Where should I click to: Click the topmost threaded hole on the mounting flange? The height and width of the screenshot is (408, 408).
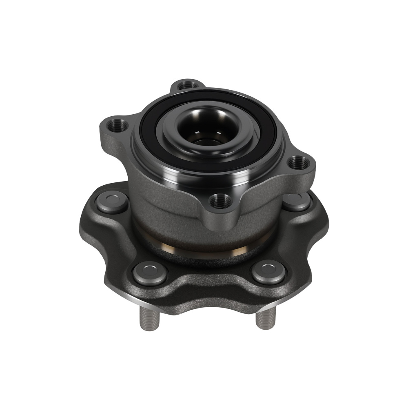pyautogui.click(x=188, y=85)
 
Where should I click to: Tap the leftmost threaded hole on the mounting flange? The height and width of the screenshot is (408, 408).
pyautogui.click(x=118, y=124)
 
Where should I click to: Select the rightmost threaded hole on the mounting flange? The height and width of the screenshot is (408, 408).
pyautogui.click(x=299, y=164)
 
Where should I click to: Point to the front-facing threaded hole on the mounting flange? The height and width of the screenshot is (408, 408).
pyautogui.click(x=221, y=201)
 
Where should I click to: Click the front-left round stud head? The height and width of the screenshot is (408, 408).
pyautogui.click(x=150, y=272)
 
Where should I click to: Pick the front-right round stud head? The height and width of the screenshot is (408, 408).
pyautogui.click(x=268, y=271)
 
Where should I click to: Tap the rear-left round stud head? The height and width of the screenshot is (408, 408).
pyautogui.click(x=112, y=202)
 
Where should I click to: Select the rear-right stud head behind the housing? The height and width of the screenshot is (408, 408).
pyautogui.click(x=297, y=201)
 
